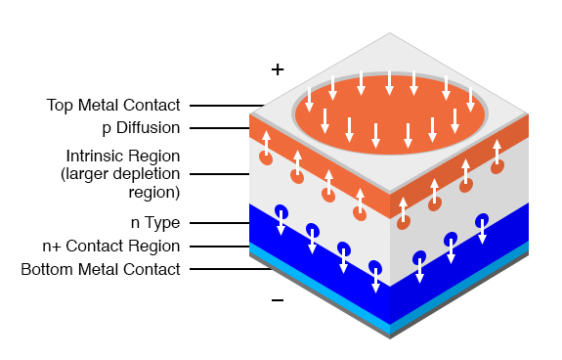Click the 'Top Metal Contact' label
click(x=113, y=105)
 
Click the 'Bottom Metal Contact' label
click(x=101, y=268)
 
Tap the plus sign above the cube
click(x=278, y=69)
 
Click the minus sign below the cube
click(x=278, y=300)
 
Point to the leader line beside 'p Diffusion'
click(x=219, y=127)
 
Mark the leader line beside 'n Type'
click(x=219, y=222)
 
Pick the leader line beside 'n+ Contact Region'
click(x=219, y=246)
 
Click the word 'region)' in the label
click(x=154, y=192)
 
